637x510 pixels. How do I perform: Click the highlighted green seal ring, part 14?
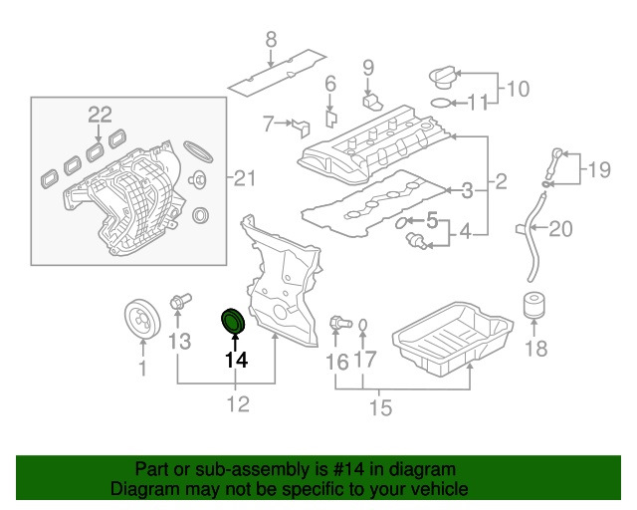pos(233,323)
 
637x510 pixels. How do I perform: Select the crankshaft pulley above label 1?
pos(141,320)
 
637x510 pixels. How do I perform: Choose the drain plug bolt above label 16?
pos(338,322)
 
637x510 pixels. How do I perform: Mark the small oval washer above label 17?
pos(364,326)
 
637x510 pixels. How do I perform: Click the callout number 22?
pos(100,115)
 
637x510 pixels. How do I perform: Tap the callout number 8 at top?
pos(269,41)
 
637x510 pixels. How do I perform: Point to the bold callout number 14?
pos(235,361)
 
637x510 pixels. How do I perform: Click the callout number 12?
pos(237,404)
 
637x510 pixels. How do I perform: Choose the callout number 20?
pos(561,230)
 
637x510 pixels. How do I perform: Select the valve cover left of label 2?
pos(374,149)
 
